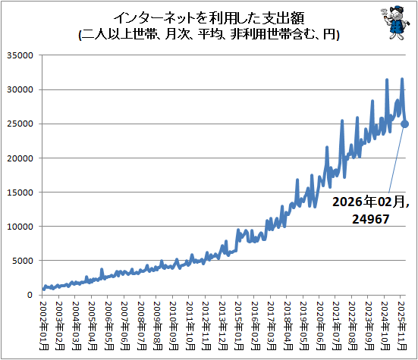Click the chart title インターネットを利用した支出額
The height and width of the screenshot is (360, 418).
pos(209,18)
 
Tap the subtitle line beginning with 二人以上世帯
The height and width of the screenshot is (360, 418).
pos(209,34)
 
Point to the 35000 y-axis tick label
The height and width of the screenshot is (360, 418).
pos(20,55)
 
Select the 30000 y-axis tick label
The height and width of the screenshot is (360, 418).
pos(20,89)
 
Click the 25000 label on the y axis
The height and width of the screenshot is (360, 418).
pos(20,124)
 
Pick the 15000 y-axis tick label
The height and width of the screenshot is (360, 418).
pos(20,193)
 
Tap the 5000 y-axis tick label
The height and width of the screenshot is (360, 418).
pos(23,261)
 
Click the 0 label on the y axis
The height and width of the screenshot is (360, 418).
pos(30,295)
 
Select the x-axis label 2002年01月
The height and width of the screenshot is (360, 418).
pos(44,326)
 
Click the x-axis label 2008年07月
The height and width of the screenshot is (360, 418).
pos(142,326)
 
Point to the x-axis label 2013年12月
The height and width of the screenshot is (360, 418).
pos(223,326)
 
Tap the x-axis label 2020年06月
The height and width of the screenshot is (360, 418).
pos(321,326)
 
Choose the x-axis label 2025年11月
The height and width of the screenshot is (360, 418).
pos(402,326)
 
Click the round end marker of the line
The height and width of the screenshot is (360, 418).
pos(404,124)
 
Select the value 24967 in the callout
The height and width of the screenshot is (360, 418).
pos(371,219)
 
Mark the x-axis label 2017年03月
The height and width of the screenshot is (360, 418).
pos(272,326)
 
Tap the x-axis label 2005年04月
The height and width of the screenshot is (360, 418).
pos(93,326)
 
